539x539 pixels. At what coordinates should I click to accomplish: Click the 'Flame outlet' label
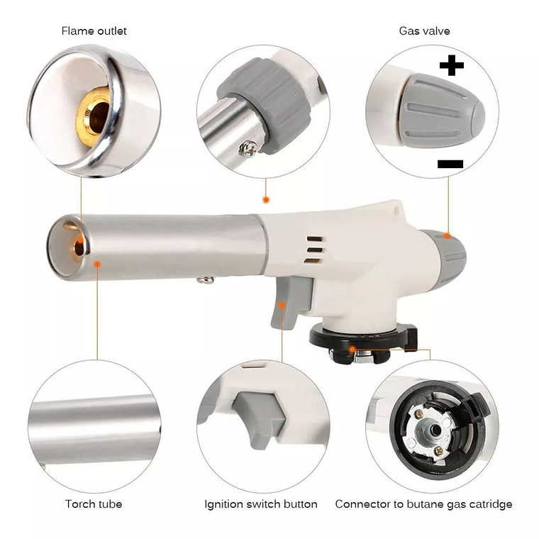tap(94, 31)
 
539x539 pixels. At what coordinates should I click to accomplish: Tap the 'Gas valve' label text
tap(424, 31)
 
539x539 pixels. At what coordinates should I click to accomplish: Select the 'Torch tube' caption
tap(94, 504)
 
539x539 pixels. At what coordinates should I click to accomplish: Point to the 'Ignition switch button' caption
tap(261, 504)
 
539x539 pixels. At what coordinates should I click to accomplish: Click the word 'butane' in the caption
tap(426, 504)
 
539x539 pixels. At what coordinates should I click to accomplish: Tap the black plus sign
tap(451, 65)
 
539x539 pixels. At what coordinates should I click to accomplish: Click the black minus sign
tap(450, 164)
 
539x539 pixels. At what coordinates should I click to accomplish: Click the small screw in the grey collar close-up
tap(248, 148)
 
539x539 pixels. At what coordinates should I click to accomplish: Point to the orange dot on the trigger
tap(282, 305)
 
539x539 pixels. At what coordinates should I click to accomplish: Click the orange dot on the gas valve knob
tap(447, 235)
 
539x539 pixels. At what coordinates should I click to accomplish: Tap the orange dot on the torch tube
tap(97, 264)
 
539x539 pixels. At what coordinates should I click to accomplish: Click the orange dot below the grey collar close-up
tap(266, 199)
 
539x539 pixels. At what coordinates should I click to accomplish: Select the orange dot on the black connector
tap(352, 350)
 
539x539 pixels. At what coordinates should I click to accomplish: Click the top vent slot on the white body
tap(314, 239)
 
